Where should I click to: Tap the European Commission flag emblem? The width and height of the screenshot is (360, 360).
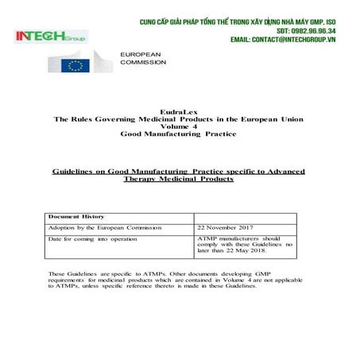76,63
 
